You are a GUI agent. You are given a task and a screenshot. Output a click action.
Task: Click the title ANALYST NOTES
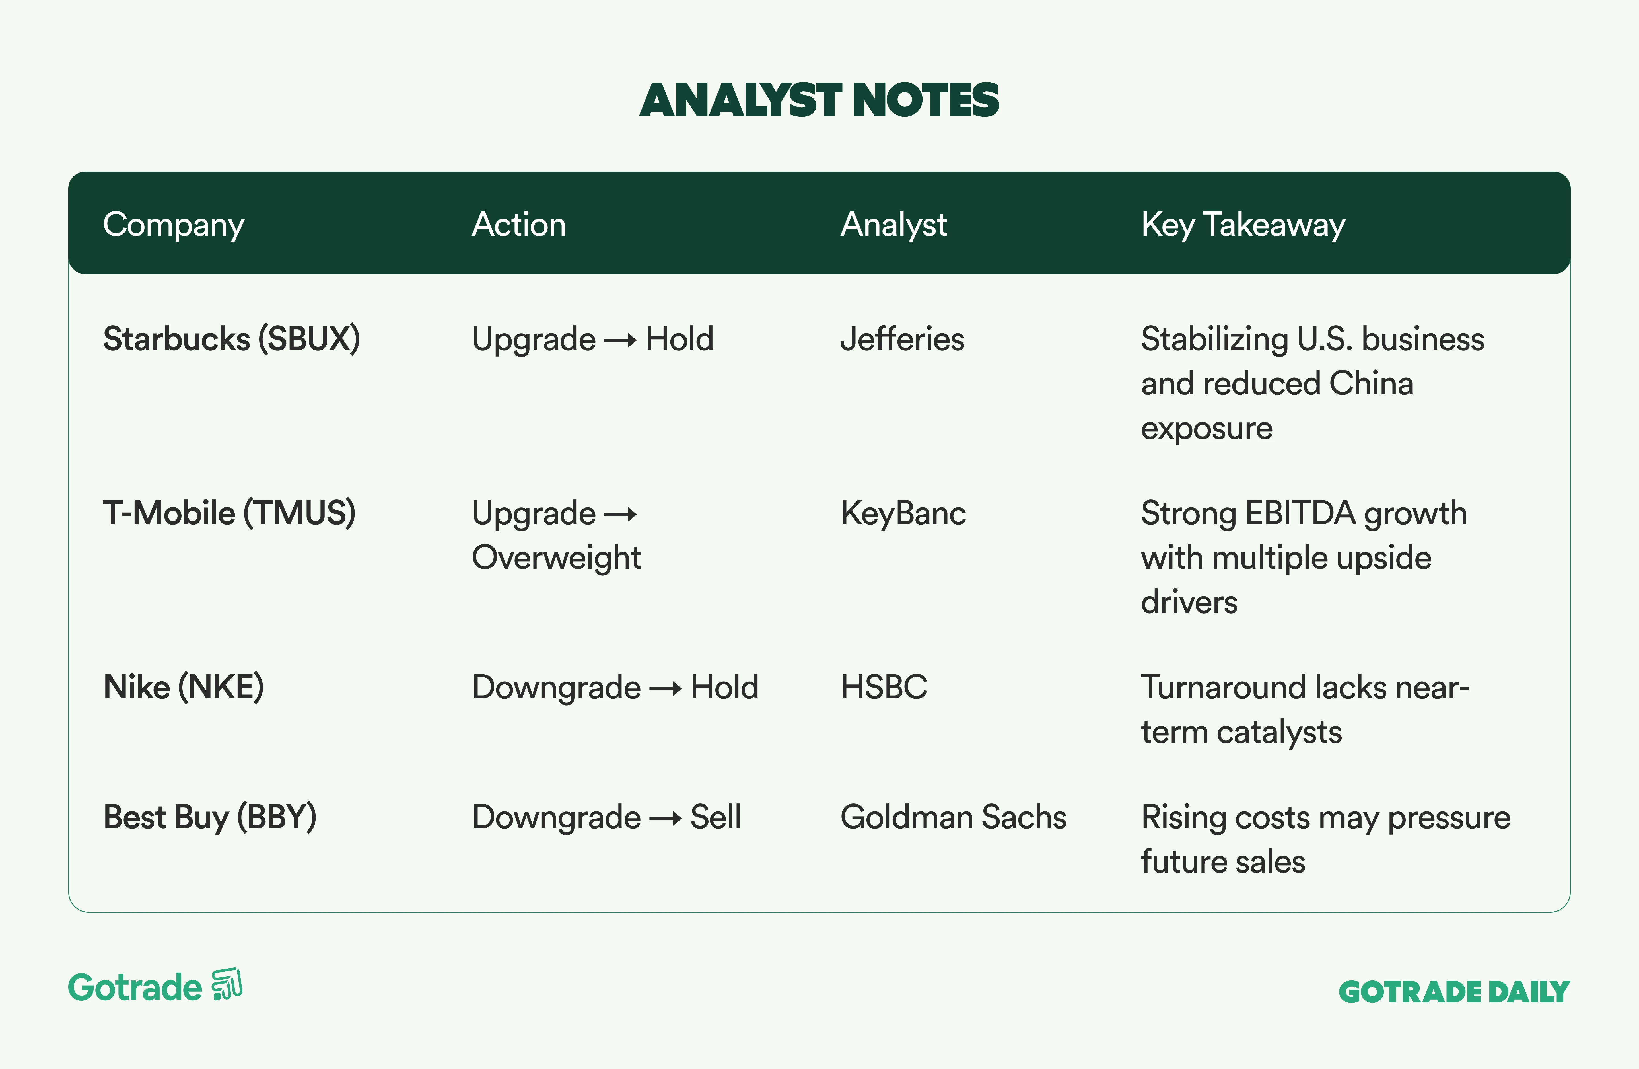tap(819, 100)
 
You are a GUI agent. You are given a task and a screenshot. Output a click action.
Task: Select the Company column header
tap(174, 225)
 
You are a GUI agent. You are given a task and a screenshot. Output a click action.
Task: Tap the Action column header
tap(518, 225)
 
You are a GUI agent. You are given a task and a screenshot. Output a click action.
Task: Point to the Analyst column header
tap(893, 225)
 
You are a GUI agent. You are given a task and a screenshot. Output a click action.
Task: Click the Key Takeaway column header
tap(1243, 225)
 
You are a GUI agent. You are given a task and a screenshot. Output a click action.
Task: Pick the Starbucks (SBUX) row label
tap(231, 339)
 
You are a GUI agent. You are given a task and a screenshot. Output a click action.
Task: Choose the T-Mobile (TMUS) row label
tap(229, 513)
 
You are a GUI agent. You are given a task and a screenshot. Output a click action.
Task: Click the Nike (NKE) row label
tap(183, 687)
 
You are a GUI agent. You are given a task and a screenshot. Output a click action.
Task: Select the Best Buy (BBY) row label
tap(210, 818)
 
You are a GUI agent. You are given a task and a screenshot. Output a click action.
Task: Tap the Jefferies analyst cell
tap(902, 339)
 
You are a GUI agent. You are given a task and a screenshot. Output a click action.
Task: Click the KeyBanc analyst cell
tap(903, 513)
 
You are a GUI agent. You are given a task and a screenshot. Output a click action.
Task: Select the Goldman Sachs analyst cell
tap(953, 818)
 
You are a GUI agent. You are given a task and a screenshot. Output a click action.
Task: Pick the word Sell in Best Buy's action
tap(716, 818)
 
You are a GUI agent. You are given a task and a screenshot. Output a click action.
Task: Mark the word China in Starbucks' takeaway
tap(1371, 383)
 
